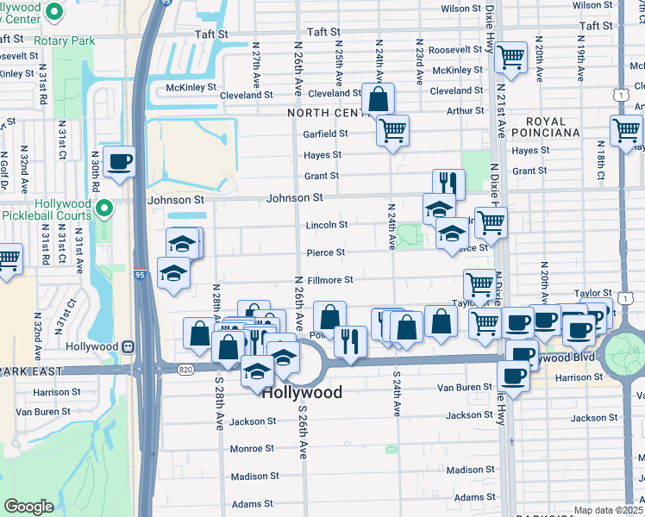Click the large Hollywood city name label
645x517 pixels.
click(301, 392)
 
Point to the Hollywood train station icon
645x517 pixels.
click(128, 346)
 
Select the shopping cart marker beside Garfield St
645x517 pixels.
click(392, 131)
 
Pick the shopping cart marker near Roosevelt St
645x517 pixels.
click(511, 58)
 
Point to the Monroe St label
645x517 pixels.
click(252, 449)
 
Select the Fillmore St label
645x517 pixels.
click(332, 280)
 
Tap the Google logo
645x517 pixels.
click(28, 506)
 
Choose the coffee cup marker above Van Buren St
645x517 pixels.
click(512, 377)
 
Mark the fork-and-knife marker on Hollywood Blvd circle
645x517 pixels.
click(350, 340)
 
